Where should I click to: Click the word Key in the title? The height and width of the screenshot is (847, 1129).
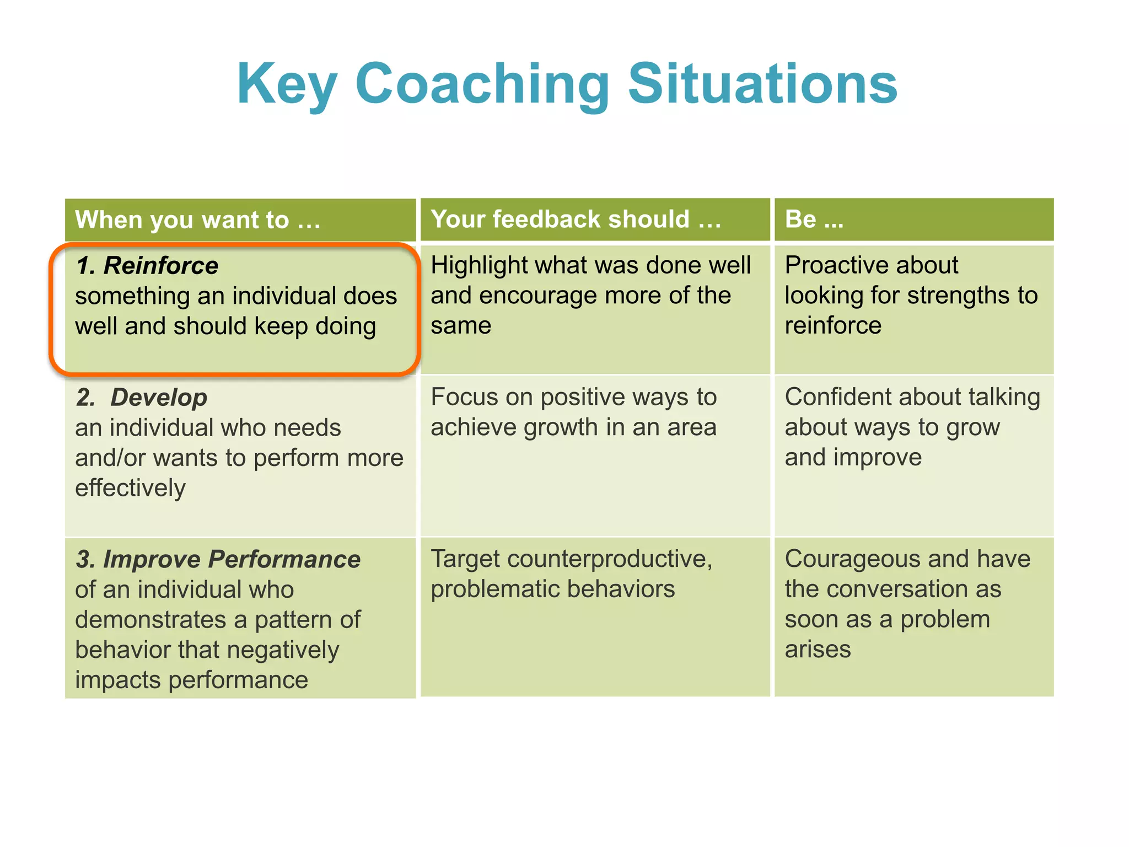pyautogui.click(x=287, y=84)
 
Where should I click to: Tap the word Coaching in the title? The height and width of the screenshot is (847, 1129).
pyautogui.click(x=482, y=84)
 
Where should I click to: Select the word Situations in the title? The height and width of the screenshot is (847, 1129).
pyautogui.click(x=763, y=84)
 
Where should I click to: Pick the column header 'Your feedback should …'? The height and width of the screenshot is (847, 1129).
pyautogui.click(x=576, y=219)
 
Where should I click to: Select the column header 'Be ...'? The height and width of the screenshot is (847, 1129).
pyautogui.click(x=814, y=219)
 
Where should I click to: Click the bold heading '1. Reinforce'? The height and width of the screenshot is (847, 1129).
pyautogui.click(x=147, y=266)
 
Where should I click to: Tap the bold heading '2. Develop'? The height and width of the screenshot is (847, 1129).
pyautogui.click(x=142, y=398)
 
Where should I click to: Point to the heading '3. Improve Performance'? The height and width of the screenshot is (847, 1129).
pyautogui.click(x=218, y=559)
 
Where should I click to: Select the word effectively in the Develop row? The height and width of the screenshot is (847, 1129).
pyautogui.click(x=131, y=488)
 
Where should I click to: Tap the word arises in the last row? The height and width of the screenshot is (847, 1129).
pyautogui.click(x=818, y=650)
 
